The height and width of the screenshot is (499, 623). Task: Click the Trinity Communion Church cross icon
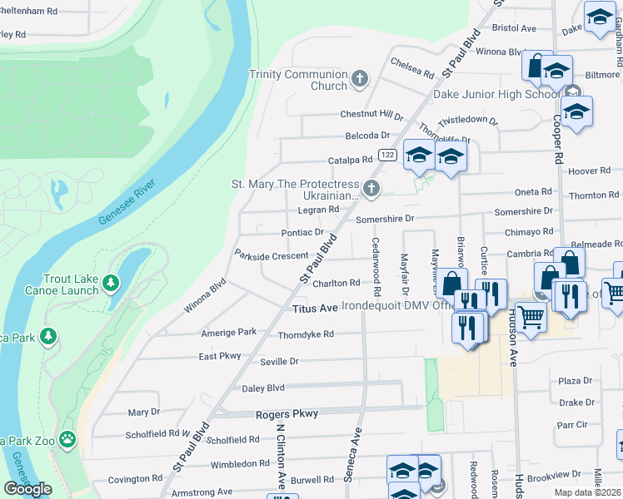[360, 80]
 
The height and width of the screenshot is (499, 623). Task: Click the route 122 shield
[386, 156]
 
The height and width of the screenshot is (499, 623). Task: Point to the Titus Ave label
[315, 309]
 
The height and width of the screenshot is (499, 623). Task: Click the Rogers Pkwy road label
[292, 414]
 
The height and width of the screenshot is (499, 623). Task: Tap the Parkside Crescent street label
[272, 256]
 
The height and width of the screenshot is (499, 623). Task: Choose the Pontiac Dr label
[302, 232]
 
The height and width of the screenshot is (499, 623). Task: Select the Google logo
[27, 488]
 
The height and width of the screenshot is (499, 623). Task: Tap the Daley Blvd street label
[263, 388]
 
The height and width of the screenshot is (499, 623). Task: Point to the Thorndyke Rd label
[306, 334]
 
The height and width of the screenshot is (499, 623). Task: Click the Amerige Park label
[228, 332]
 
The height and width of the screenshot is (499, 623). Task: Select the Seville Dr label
[280, 362]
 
